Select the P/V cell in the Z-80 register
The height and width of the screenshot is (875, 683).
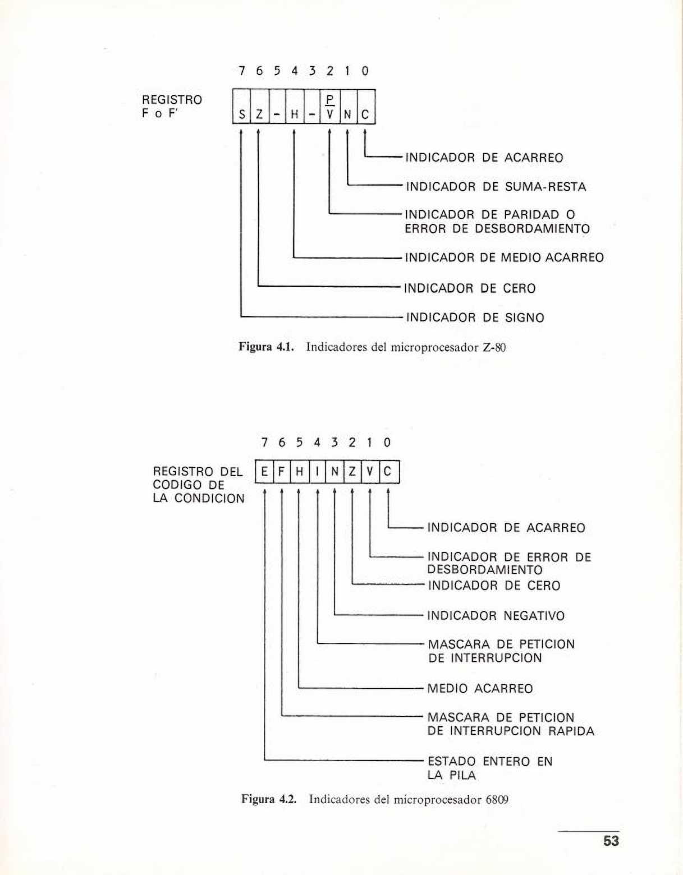pyautogui.click(x=330, y=107)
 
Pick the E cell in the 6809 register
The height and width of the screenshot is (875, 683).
pyautogui.click(x=264, y=472)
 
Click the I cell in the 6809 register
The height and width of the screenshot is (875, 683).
pyautogui.click(x=317, y=472)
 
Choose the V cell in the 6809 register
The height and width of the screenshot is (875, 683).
pyautogui.click(x=370, y=472)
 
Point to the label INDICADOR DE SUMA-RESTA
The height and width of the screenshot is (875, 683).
pyautogui.click(x=496, y=187)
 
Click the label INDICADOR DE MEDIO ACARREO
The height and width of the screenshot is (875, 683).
pyautogui.click(x=504, y=258)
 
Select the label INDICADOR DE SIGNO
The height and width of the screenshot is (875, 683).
pyautogui.click(x=475, y=318)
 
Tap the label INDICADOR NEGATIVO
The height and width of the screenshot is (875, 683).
pyautogui.click(x=496, y=616)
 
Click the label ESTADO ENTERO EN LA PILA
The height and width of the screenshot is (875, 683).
pyautogui.click(x=489, y=768)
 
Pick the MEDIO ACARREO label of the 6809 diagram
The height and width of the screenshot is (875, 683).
pyautogui.click(x=480, y=689)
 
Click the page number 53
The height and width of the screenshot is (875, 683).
pyautogui.click(x=611, y=841)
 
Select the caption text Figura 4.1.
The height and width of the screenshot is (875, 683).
pyautogui.click(x=266, y=347)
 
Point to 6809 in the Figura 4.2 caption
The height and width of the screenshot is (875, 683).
pyautogui.click(x=497, y=799)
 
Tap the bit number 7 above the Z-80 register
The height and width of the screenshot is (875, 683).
pyautogui.click(x=241, y=71)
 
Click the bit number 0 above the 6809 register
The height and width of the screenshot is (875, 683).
pyautogui.click(x=387, y=443)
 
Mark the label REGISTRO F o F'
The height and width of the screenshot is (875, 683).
pyautogui.click(x=172, y=107)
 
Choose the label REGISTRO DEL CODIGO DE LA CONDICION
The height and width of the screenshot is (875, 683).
pyautogui.click(x=199, y=485)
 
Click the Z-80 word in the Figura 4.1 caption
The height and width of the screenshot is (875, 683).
pyautogui.click(x=494, y=347)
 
